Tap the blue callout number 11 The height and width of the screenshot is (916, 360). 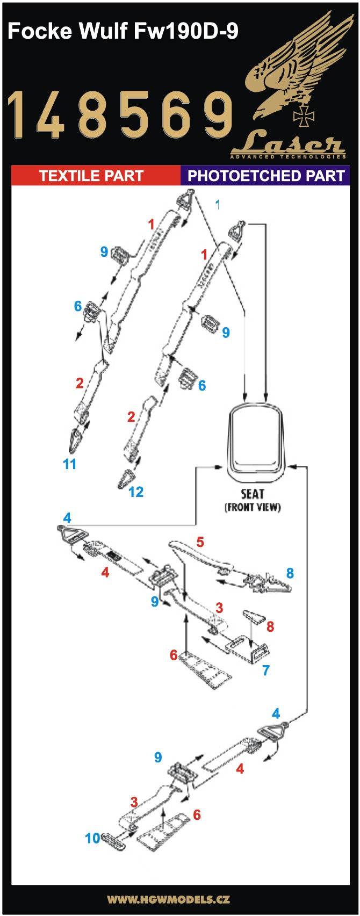click(70, 464)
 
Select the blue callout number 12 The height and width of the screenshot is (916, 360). click(136, 492)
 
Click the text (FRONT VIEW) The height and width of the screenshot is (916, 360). click(253, 507)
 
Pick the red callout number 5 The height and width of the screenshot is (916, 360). click(200, 542)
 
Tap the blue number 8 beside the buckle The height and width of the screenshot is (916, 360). click(290, 573)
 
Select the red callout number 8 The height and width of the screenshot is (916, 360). click(270, 626)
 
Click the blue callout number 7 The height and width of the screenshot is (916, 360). click(265, 670)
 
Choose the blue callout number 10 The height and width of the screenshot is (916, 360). click(92, 838)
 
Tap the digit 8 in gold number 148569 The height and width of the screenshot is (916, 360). click(90, 113)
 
